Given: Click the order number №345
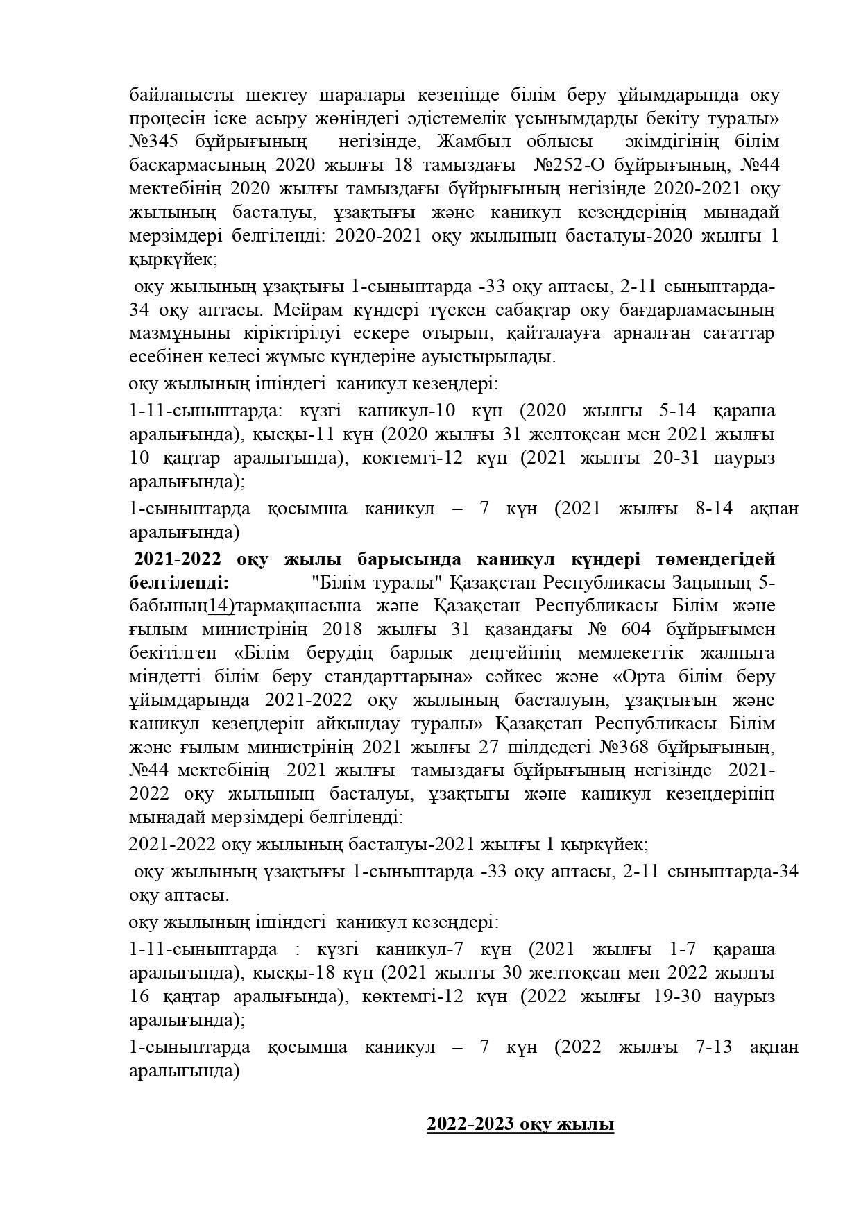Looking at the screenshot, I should pos(154,142).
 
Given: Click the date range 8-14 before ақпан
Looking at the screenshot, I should pos(715,509).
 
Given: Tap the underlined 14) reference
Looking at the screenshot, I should pos(221,606).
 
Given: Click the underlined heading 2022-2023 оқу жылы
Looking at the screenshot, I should pos(520,1124).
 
